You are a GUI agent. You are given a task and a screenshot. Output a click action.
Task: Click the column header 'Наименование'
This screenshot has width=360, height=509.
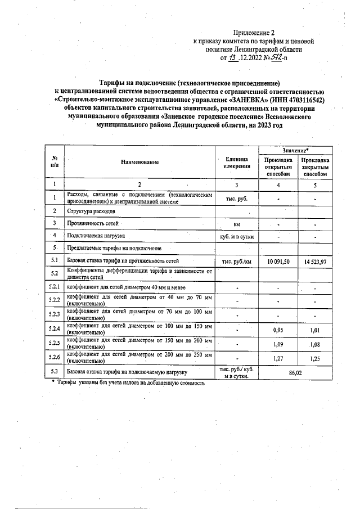click(139, 163)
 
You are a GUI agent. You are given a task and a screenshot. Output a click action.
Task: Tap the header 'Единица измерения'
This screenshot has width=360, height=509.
click(237, 163)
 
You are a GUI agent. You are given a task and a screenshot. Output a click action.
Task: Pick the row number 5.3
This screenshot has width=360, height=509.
click(55, 372)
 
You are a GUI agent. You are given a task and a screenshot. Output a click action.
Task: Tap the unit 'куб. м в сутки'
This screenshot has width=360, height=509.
click(237, 237)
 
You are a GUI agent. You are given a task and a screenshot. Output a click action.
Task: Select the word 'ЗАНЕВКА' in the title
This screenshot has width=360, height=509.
click(246, 100)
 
